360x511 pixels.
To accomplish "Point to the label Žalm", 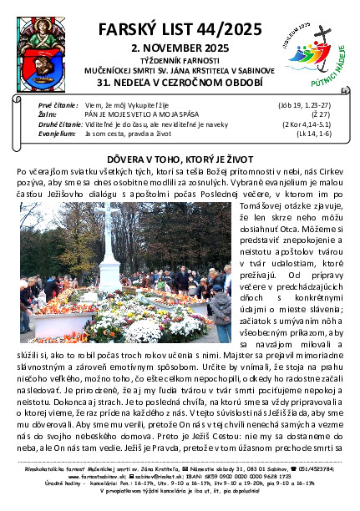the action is coord(48,115).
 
